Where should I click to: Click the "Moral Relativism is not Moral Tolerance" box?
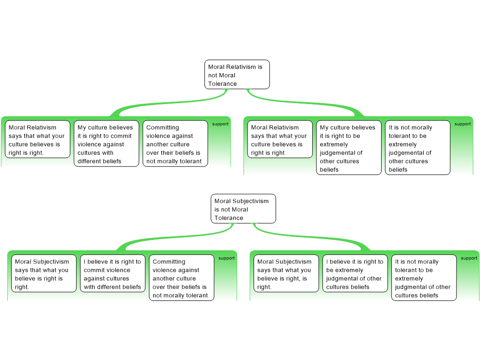pyautogui.click(x=237, y=75)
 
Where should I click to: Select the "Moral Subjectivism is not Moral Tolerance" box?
pyautogui.click(x=243, y=209)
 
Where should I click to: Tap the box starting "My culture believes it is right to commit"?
pyautogui.click(x=106, y=143)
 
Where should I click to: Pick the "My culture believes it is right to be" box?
pyautogui.click(x=349, y=148)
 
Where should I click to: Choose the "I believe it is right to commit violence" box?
pyautogui.click(x=112, y=273)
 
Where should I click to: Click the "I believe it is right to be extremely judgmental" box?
pyautogui.click(x=355, y=273)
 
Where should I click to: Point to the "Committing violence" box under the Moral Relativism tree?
pyautogui.click(x=175, y=143)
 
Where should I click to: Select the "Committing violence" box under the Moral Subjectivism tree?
pyautogui.click(x=181, y=277)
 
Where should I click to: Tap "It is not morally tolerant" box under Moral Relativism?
pyautogui.click(x=418, y=148)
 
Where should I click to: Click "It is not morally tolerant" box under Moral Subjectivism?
pyautogui.click(x=424, y=277)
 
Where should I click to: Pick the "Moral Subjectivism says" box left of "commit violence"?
pyautogui.click(x=44, y=273)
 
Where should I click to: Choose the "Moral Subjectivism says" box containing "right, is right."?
pyautogui.click(x=286, y=273)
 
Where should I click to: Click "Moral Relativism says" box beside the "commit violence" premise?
pyautogui.click(x=37, y=139)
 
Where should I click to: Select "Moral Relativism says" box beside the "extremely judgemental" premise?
pyautogui.click(x=280, y=139)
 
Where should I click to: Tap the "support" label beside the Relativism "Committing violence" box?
pyautogui.click(x=220, y=124)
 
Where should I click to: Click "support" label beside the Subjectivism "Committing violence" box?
pyautogui.click(x=226, y=258)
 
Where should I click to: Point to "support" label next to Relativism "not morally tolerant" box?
pyautogui.click(x=463, y=124)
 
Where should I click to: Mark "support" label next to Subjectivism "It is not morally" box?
pyautogui.click(x=469, y=258)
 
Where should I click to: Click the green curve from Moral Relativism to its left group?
pyautogui.click(x=172, y=103)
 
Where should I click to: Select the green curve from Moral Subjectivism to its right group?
pyautogui.click(x=309, y=236)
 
